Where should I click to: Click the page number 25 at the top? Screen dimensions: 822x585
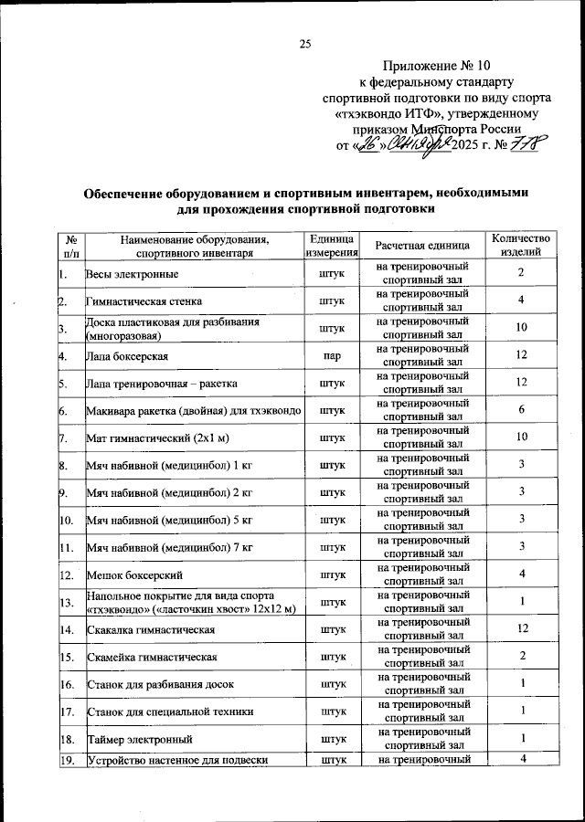305,44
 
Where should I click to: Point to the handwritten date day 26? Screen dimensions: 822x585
369,144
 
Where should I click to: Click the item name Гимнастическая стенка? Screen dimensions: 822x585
144,300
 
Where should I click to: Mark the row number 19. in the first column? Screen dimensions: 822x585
67,760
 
